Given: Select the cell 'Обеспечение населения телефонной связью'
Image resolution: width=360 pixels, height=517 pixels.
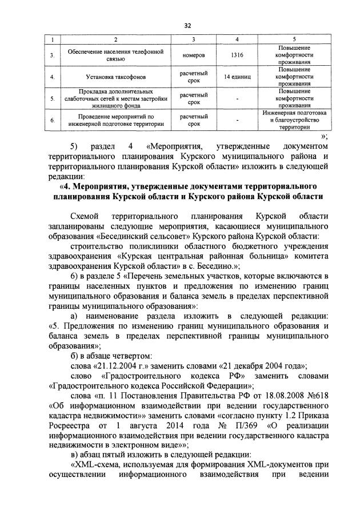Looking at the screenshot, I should (x=115, y=55).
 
